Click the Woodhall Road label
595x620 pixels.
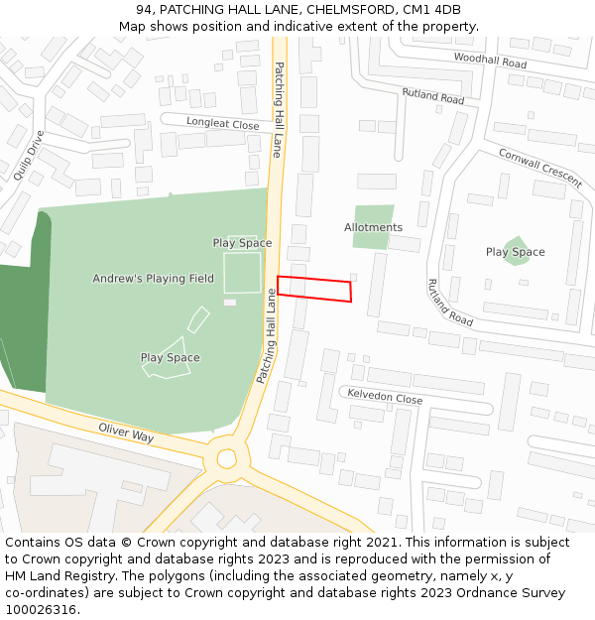[490, 61]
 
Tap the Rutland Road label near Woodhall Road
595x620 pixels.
[432, 96]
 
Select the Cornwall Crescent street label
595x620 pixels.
[539, 169]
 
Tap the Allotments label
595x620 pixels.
[373, 227]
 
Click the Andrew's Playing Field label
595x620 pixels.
[153, 279]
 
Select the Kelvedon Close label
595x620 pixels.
[384, 397]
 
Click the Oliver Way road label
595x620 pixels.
[126, 433]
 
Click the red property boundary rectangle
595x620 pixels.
[314, 289]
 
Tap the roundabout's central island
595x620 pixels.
[227, 458]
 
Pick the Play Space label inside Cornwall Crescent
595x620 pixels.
[515, 252]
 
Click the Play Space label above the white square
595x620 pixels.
[242, 243]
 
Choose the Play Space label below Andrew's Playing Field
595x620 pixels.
[170, 358]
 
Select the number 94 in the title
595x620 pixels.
[144, 10]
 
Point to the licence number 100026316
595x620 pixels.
[43, 609]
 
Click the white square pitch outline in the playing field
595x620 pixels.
[242, 272]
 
